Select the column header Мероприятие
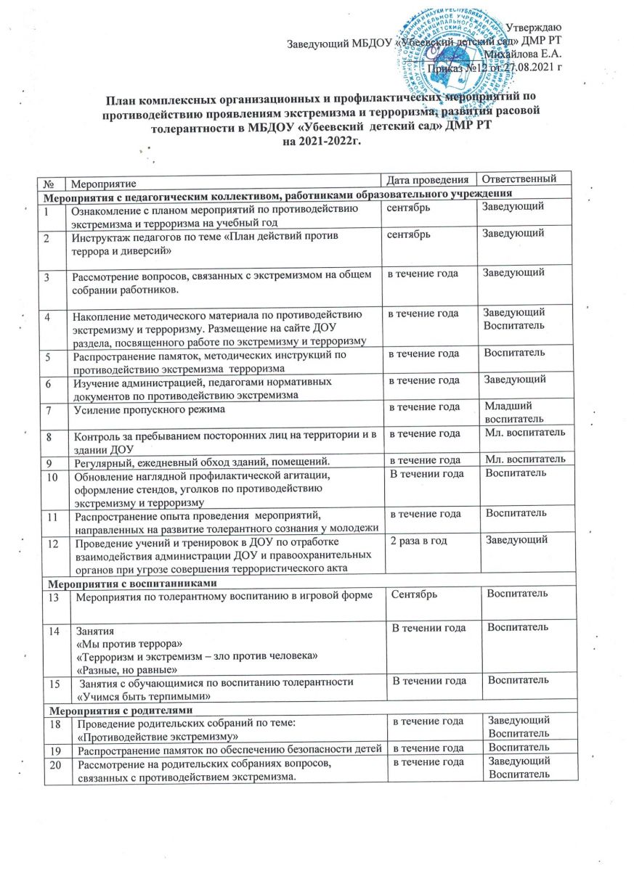pyautogui.click(x=102, y=179)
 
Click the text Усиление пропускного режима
pyautogui.click(x=146, y=410)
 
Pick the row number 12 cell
pyautogui.click(x=52, y=541)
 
